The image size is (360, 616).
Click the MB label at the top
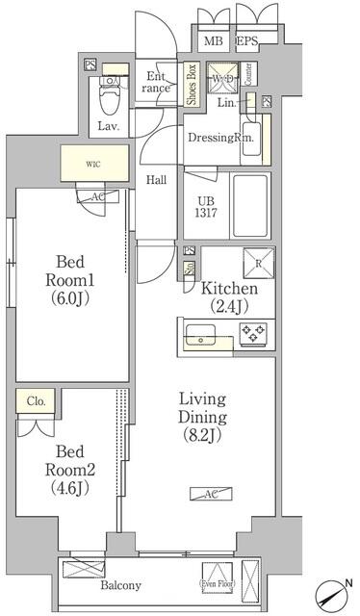coord(213,40)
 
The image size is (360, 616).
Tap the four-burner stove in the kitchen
coord(252,334)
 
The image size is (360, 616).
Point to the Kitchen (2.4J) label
coord(228,296)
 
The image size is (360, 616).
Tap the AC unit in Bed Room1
coord(97,195)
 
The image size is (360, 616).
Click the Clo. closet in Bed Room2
coord(35,401)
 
